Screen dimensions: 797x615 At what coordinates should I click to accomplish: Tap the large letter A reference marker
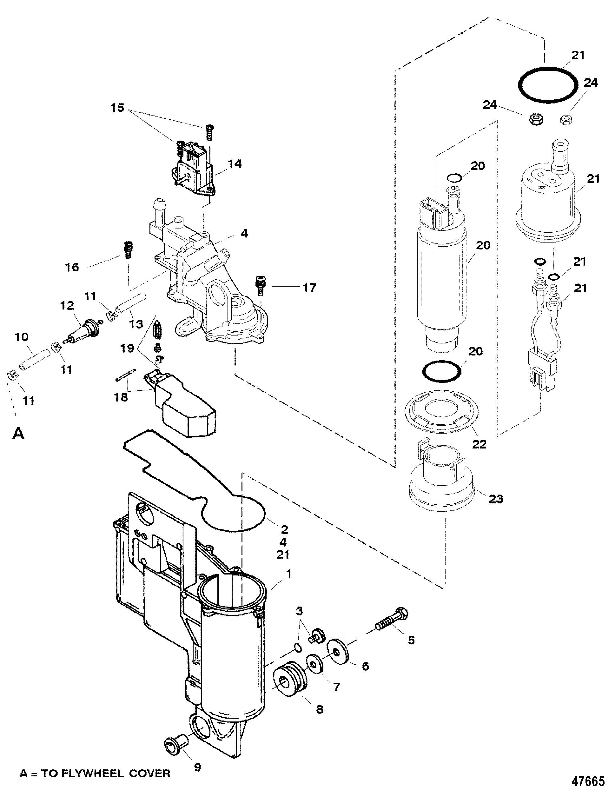click(18, 434)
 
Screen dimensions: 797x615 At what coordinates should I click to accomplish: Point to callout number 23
click(495, 499)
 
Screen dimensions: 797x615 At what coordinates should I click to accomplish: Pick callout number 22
click(479, 444)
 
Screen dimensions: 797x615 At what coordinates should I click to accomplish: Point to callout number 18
click(121, 397)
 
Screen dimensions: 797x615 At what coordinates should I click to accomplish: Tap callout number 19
click(127, 349)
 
